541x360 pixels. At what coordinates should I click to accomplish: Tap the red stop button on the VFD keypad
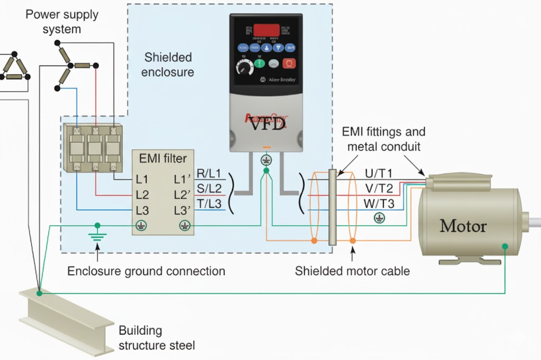tap(289, 64)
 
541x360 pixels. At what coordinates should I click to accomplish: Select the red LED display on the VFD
tap(266, 30)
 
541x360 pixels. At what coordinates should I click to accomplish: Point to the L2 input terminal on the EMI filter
tap(142, 195)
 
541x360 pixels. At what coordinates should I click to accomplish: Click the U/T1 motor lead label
tap(379, 174)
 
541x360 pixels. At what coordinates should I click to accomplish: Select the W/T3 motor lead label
tap(379, 204)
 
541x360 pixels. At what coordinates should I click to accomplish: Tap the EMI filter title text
tap(162, 158)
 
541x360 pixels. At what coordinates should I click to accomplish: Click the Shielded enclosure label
tap(169, 64)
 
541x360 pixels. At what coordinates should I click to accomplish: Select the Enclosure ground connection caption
tap(146, 271)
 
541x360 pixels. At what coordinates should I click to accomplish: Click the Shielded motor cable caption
tap(353, 271)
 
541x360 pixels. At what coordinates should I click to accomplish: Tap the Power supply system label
tap(62, 21)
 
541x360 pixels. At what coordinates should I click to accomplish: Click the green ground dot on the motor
tap(505, 246)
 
